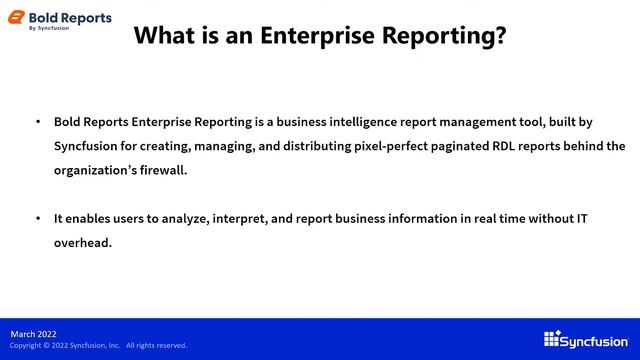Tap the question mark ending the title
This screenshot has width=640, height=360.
click(499, 36)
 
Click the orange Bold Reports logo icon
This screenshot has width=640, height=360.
click(16, 20)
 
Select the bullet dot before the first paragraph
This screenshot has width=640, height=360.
click(38, 121)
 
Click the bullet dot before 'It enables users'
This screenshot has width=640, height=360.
click(38, 217)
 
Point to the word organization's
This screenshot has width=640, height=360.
click(93, 170)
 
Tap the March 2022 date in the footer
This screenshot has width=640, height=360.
click(34, 333)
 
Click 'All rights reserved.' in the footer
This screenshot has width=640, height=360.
click(156, 346)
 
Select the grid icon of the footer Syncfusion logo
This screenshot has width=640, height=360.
click(551, 339)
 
